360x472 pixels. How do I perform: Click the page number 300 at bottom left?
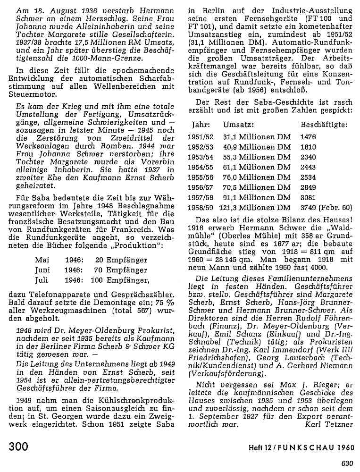pyautogui.click(x=19, y=447)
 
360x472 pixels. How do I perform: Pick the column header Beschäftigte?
pyautogui.click(x=324, y=125)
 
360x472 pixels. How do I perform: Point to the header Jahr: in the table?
pyautogui.click(x=200, y=125)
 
